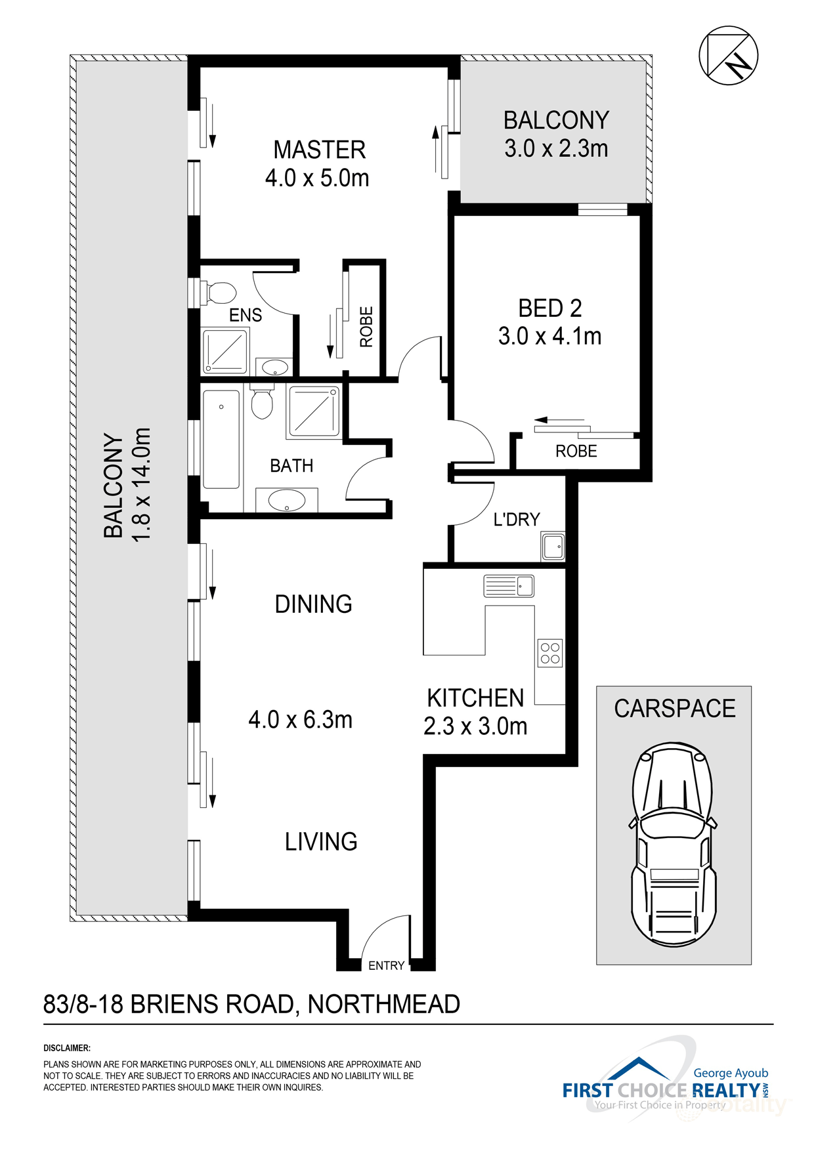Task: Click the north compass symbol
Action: tap(728, 55)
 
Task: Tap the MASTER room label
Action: tap(319, 150)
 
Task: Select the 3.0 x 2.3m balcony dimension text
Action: tap(555, 149)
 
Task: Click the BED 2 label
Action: tap(549, 308)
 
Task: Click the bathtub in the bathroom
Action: tap(221, 439)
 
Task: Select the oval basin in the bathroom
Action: tap(287, 501)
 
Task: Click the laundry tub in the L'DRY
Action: tap(553, 547)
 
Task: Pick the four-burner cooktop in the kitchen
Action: tap(550, 653)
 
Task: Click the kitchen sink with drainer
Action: tap(508, 585)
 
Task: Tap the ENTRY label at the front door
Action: tap(386, 966)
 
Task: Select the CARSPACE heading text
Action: tap(674, 709)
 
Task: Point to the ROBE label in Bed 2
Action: tap(576, 451)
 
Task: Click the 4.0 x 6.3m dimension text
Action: tap(300, 720)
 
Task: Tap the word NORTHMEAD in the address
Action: tap(383, 1004)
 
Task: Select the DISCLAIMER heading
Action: tap(67, 1048)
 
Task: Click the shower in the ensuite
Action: tap(225, 351)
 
